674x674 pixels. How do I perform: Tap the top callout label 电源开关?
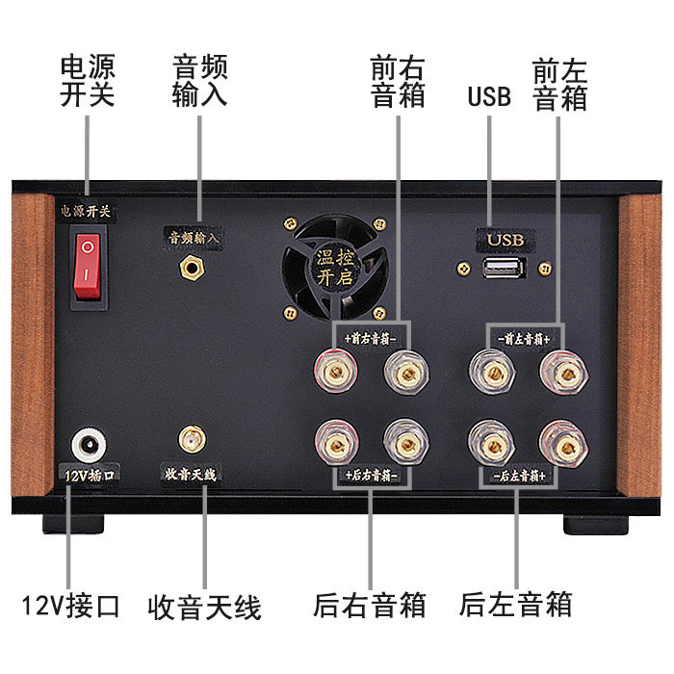[x=87, y=82]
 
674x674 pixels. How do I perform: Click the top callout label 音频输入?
[x=199, y=82]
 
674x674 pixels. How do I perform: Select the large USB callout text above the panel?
[x=489, y=97]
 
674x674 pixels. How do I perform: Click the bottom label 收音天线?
[x=205, y=607]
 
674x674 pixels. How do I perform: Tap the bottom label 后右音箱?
[x=370, y=605]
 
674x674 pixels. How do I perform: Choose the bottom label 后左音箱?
[x=516, y=605]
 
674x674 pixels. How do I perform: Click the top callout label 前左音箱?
[x=559, y=84]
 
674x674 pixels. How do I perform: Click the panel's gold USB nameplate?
[x=505, y=238]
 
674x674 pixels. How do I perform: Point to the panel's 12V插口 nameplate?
[x=89, y=476]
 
